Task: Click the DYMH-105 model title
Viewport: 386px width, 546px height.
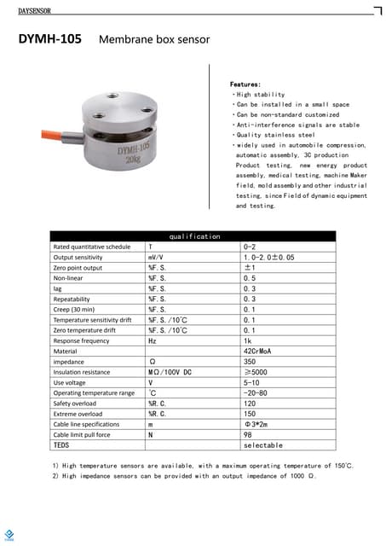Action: tap(50, 39)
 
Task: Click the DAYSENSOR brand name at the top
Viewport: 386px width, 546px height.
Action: tap(34, 10)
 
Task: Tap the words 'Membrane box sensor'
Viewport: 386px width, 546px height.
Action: tap(154, 40)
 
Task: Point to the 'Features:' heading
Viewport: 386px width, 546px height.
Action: tap(245, 85)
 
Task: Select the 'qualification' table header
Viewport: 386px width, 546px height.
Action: tap(194, 236)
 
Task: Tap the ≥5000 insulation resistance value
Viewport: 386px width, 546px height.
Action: tap(257, 372)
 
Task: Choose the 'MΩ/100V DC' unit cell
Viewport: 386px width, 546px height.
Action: tap(170, 372)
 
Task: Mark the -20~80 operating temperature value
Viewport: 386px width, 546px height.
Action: tap(256, 393)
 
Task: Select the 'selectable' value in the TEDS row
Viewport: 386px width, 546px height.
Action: tap(262, 445)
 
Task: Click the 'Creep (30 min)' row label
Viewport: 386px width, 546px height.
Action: tap(76, 310)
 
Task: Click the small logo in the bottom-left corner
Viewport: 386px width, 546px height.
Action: tap(11, 536)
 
